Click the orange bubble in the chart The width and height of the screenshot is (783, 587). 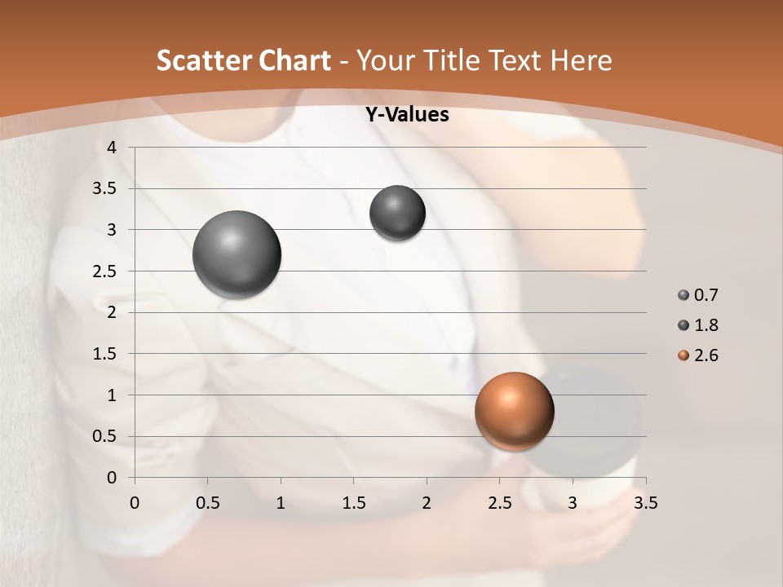pos(514,411)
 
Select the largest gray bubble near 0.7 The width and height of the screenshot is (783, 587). pos(237,254)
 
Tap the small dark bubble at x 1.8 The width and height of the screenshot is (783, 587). pos(397,213)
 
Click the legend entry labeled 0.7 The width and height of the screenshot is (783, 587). pos(697,295)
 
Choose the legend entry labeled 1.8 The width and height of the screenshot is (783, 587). pos(697,325)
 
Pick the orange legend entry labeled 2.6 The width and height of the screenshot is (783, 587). pos(697,355)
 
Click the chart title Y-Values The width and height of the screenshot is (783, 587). pos(406,115)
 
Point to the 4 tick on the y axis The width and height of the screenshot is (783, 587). pos(113,148)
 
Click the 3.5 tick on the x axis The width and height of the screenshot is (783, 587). pos(645,503)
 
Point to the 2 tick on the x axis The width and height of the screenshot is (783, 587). pos(426,503)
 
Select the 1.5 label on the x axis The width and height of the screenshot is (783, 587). pos(353,503)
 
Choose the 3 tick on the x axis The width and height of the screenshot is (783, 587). pos(572,503)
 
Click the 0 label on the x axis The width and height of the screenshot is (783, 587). pos(135,503)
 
